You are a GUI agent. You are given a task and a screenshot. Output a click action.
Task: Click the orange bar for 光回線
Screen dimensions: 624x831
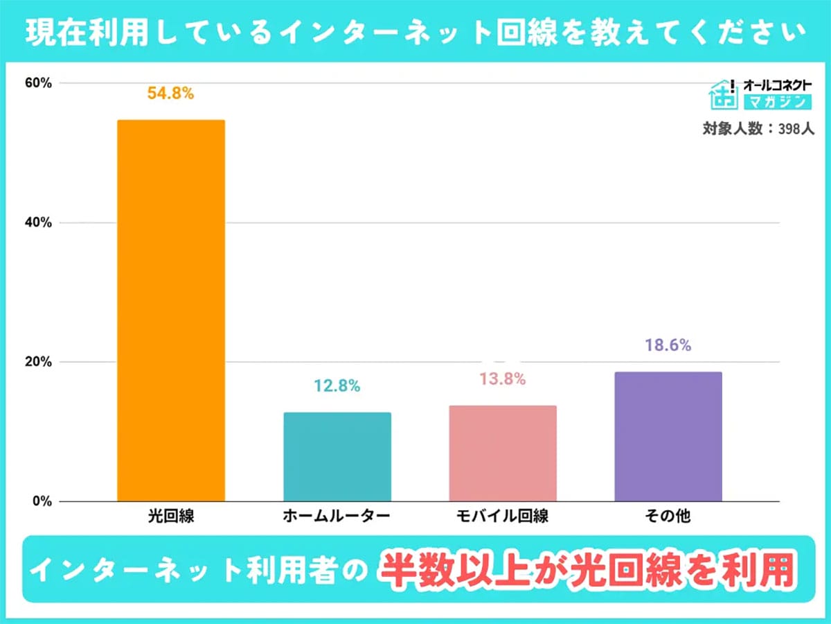tap(171, 311)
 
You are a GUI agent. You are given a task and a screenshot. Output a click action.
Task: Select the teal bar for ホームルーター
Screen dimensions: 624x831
tap(337, 457)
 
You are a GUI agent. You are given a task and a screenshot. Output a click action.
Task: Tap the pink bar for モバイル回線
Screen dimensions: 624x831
tap(503, 453)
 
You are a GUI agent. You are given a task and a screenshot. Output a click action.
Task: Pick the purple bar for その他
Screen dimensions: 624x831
tap(668, 437)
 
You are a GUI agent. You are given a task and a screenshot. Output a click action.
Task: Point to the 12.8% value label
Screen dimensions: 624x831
tap(337, 387)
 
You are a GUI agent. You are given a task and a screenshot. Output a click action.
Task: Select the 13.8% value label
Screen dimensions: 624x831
tap(502, 379)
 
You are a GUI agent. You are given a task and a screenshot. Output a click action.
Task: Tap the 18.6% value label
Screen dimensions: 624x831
tap(668, 345)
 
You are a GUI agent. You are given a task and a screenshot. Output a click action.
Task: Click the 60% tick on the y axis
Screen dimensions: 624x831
tap(38, 83)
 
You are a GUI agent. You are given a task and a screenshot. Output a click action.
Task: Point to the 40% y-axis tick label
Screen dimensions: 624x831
tap(38, 223)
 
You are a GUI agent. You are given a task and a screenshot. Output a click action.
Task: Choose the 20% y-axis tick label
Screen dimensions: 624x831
tap(38, 362)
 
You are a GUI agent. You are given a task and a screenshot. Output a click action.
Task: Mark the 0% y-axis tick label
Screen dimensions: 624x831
tap(42, 501)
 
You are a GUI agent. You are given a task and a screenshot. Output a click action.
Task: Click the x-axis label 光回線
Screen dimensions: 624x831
tap(170, 517)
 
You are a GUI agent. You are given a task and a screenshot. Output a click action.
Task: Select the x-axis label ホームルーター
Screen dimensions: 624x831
tap(337, 517)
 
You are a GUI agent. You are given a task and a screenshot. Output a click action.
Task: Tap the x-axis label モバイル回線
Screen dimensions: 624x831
tap(502, 517)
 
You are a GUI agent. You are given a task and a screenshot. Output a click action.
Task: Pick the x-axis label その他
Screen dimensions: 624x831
tap(668, 517)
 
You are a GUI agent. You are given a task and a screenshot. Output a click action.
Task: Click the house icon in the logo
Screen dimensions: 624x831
tap(724, 94)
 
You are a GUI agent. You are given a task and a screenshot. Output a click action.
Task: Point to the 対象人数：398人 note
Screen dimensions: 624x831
tap(758, 128)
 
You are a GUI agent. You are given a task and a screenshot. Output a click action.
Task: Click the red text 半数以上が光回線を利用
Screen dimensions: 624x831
tap(588, 570)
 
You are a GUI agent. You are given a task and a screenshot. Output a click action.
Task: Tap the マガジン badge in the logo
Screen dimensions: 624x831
tap(776, 102)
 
